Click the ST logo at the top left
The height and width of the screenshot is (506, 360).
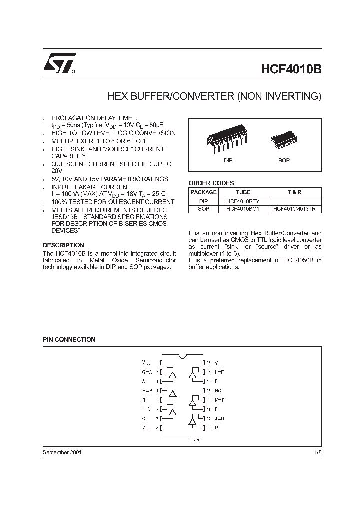coord(58,65)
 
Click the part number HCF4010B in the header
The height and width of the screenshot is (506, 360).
coord(291,69)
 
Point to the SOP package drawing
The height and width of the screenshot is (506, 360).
coord(283,142)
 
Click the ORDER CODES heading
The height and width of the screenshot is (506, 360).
coord(211,183)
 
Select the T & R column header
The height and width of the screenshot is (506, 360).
coord(295,192)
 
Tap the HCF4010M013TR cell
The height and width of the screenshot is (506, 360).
coord(295,209)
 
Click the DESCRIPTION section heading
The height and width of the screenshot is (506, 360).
coord(63,245)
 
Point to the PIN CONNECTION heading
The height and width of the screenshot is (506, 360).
coord(69,340)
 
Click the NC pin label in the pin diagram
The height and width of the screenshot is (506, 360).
coord(218,390)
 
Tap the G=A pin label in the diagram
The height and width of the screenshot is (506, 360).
coord(147,372)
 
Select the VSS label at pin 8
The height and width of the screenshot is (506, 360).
coord(146,428)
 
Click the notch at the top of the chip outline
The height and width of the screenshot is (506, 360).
coord(182,356)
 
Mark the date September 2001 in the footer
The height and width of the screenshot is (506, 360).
coord(62,452)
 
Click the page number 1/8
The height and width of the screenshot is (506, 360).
coord(318,452)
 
